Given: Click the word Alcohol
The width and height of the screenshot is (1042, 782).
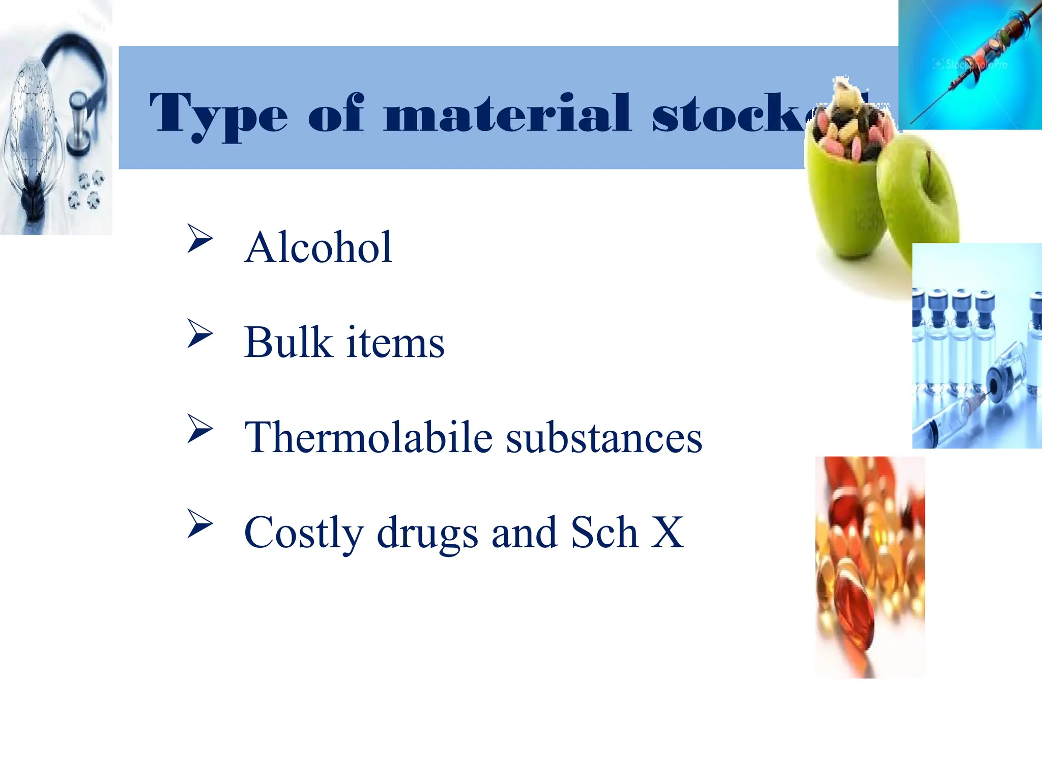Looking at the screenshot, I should point(319,247).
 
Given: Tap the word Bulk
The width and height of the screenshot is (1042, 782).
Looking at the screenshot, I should point(288,342).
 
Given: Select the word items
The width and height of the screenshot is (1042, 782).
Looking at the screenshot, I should point(395,342).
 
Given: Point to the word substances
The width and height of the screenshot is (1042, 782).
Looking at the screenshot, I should point(604,437).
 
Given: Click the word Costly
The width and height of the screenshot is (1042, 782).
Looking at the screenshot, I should point(304,533).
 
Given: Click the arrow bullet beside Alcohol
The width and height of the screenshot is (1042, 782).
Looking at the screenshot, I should point(199,238).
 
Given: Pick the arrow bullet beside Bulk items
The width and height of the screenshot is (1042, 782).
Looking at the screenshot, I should point(199,333).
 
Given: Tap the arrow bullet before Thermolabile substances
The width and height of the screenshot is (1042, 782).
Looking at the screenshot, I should point(199,429).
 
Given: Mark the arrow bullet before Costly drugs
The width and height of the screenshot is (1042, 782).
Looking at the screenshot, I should point(199,524).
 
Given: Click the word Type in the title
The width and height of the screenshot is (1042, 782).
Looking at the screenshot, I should point(219,115).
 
